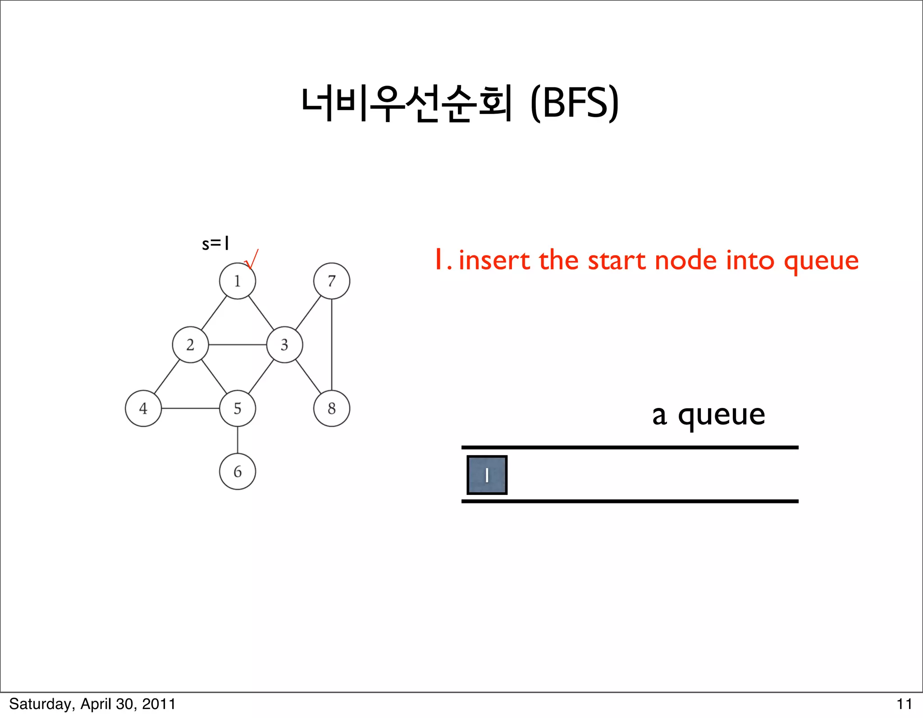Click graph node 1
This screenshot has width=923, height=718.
point(238,281)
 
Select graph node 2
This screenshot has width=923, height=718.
point(190,345)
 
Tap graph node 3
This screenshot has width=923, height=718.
point(284,345)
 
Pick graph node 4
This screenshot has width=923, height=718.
point(143,408)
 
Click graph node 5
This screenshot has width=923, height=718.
point(238,408)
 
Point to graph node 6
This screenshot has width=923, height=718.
point(238,471)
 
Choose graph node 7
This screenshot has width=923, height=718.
point(332,281)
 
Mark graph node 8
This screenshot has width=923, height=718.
point(332,408)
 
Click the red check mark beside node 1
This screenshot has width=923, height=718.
point(252,259)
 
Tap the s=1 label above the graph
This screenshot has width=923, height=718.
point(215,244)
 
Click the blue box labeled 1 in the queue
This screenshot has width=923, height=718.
point(487,475)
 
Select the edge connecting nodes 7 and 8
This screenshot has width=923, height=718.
point(332,345)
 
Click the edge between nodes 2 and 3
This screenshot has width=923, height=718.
point(238,345)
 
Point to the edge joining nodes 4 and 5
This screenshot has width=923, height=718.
point(190,408)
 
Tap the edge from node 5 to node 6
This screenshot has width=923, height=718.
point(238,440)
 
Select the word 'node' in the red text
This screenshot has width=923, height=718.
point(685,261)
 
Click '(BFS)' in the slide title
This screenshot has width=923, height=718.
point(575,103)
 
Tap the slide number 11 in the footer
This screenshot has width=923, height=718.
point(904,704)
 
